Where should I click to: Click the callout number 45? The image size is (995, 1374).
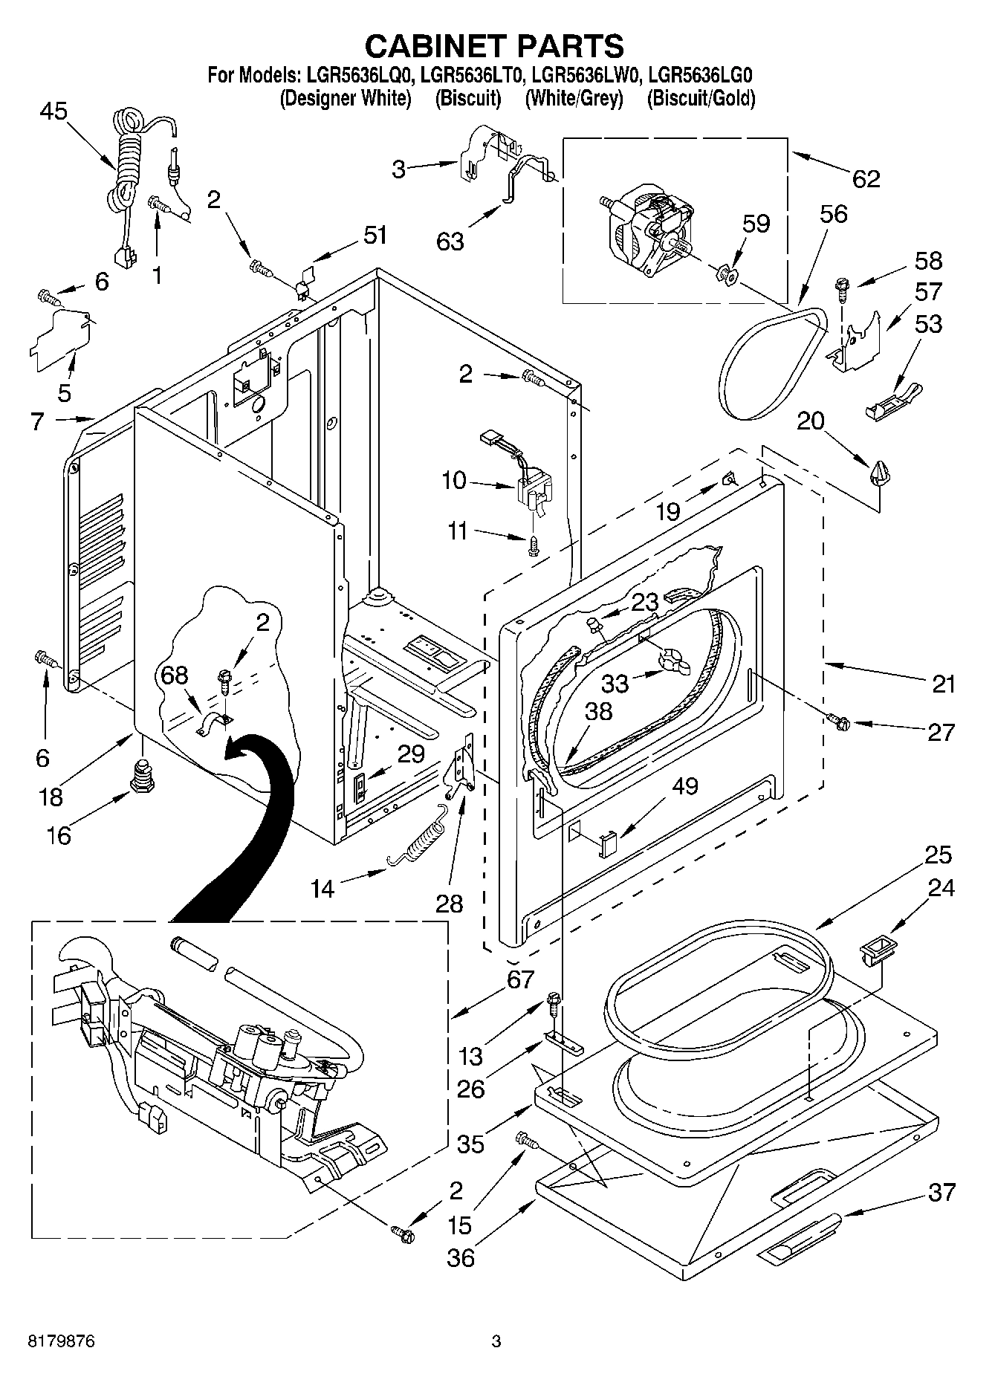(53, 112)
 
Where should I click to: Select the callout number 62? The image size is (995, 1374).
(866, 179)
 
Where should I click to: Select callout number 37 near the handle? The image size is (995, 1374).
(941, 1193)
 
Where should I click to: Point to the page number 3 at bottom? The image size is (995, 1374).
(496, 1341)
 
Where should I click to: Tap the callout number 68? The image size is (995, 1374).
(175, 675)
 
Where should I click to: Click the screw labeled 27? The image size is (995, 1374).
(840, 719)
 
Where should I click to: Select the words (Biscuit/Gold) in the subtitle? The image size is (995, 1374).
(701, 98)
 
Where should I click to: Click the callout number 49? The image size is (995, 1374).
(684, 785)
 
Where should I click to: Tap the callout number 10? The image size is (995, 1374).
(453, 481)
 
